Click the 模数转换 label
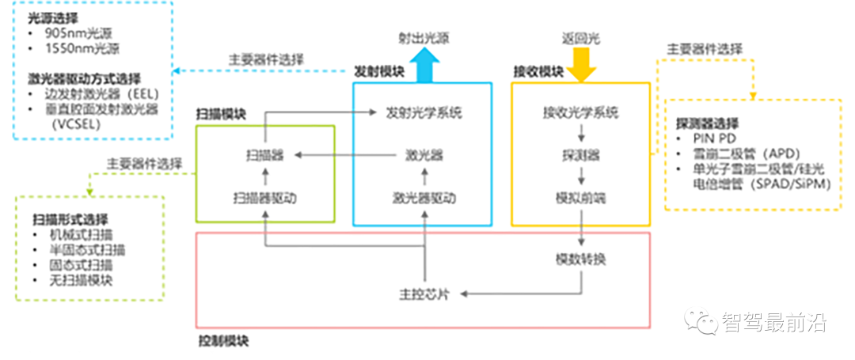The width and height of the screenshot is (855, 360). click(x=581, y=259)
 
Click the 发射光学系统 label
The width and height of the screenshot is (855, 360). click(x=424, y=112)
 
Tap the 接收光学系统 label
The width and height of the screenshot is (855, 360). click(x=581, y=112)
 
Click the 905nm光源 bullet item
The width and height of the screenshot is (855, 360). click(x=74, y=34)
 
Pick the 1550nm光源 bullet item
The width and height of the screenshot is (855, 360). click(x=78, y=49)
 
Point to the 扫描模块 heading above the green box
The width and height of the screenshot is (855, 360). click(x=221, y=114)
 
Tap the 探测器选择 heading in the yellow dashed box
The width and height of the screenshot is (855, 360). click(x=707, y=123)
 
